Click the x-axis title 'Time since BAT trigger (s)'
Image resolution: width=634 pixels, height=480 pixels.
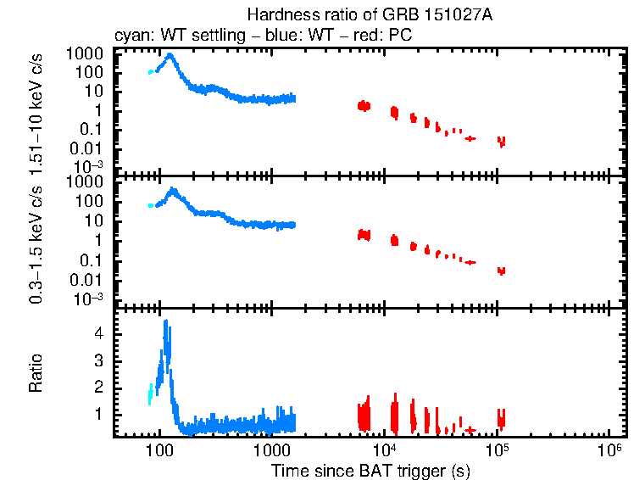click(370, 470)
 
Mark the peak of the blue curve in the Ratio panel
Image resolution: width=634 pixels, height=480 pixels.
click(165, 322)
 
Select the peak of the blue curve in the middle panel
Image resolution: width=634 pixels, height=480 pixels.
click(174, 190)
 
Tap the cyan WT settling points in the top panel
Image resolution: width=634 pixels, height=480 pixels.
click(151, 72)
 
